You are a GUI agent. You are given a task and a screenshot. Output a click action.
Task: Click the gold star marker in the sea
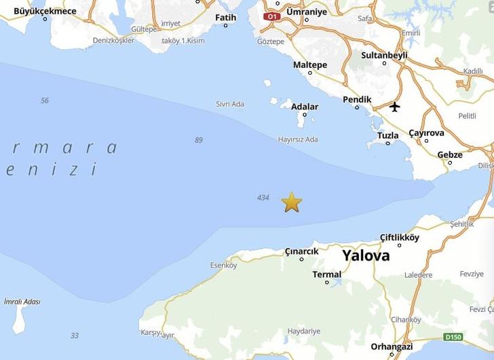tap(291, 202)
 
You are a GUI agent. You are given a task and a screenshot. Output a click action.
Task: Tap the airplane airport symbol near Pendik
tap(395, 107)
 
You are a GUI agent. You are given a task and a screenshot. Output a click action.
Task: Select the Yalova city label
tap(366, 256)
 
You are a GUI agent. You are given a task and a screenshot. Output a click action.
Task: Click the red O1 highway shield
tap(272, 16)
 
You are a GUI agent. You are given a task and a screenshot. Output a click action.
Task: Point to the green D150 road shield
tap(453, 336)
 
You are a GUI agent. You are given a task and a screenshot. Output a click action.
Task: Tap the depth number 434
tap(263, 198)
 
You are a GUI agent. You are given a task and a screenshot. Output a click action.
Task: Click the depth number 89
tap(198, 140)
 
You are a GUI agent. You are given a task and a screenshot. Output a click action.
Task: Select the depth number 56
tap(45, 101)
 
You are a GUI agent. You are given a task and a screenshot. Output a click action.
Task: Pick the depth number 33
tap(74, 336)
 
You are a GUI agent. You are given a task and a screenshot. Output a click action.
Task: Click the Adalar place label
tap(305, 107)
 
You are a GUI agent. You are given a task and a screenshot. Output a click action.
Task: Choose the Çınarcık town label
tap(301, 251)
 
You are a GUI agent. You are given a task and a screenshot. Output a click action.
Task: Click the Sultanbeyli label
tap(384, 54)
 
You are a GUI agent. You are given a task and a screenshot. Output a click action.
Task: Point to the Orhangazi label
tap(392, 346)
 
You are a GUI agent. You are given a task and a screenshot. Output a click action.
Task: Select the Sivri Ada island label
tap(230, 104)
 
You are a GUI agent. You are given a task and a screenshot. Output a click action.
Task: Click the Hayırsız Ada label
tap(298, 139)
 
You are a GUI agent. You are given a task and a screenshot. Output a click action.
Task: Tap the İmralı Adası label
tap(22, 302)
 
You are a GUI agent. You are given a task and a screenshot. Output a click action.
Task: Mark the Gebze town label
tap(449, 154)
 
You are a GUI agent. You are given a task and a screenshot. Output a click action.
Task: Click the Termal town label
tap(326, 274)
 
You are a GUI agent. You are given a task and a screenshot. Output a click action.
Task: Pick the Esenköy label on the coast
tap(223, 265)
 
